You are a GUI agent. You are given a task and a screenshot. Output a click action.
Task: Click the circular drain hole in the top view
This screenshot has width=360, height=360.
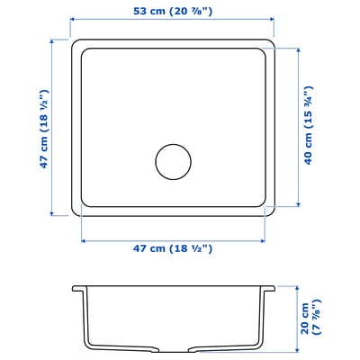(172, 161)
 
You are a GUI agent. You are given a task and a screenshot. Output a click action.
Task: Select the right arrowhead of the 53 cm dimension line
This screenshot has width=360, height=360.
(273, 25)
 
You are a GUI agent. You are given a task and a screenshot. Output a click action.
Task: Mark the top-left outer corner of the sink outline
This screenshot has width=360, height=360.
(72, 40)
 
